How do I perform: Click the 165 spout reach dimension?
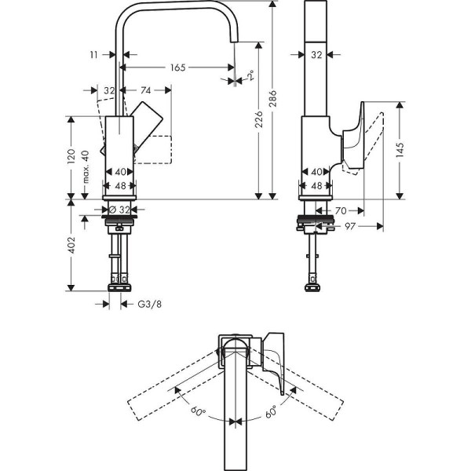coord(177,68)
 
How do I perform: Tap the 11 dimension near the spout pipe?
coord(94,56)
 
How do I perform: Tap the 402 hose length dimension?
coord(71,245)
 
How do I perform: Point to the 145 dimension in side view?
coord(400,148)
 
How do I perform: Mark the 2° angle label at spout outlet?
coord(250,76)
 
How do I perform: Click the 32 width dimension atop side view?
coord(317,56)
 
